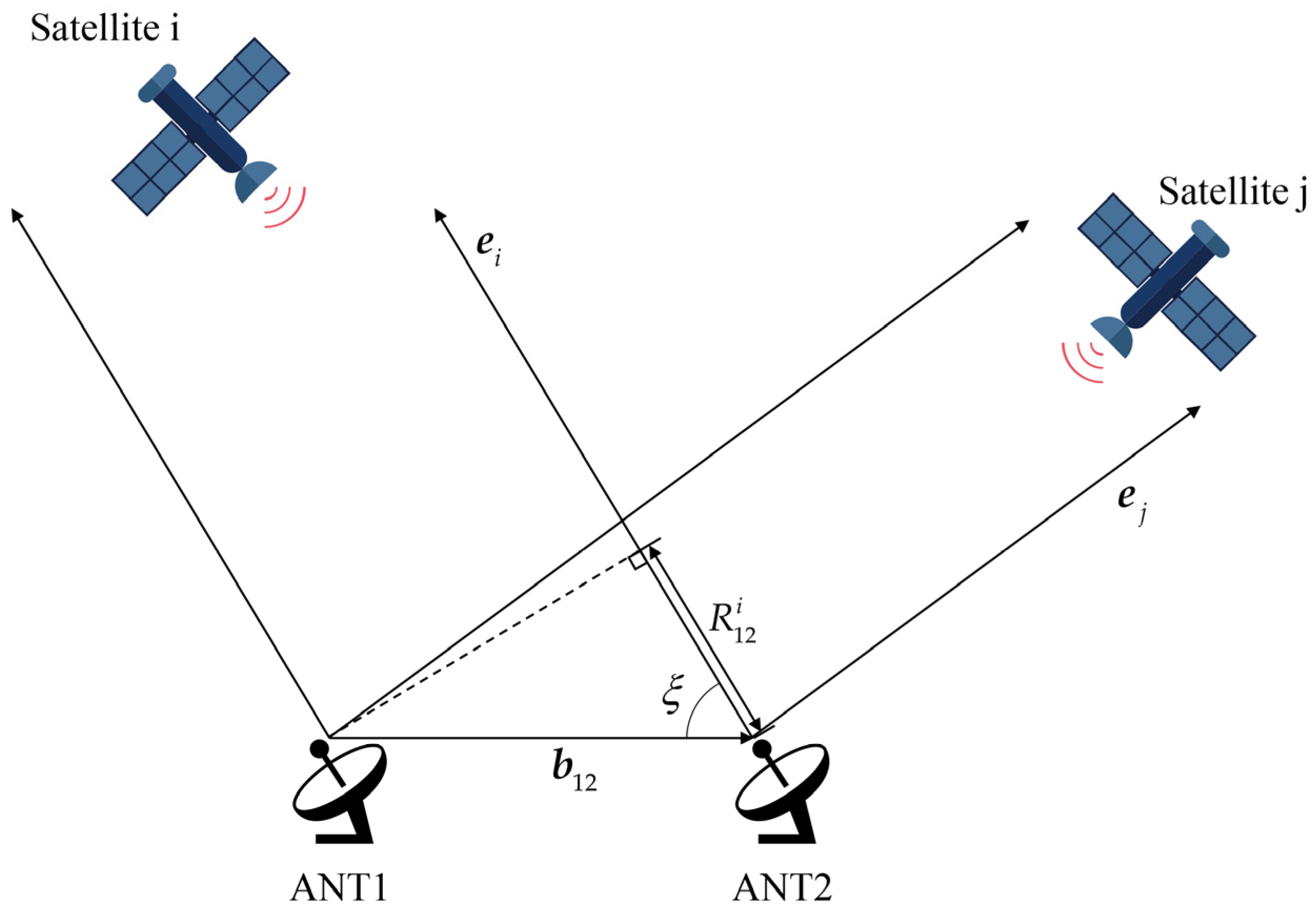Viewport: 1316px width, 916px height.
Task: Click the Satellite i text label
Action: (x=105, y=27)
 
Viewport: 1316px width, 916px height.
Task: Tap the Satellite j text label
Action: (x=1232, y=192)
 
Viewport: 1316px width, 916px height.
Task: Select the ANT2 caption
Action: (x=782, y=890)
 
